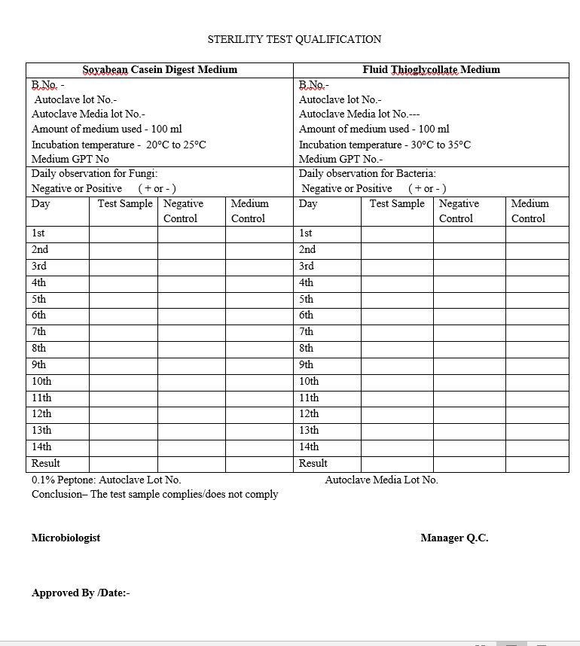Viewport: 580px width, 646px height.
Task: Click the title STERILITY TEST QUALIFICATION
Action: [x=295, y=39]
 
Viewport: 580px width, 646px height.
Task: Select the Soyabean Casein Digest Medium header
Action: [x=160, y=70]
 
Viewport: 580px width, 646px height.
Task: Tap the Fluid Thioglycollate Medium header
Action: [x=431, y=70]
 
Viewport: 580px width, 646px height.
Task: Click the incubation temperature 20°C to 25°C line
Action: [x=118, y=145]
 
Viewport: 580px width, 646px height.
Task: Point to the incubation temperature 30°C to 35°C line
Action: [x=384, y=145]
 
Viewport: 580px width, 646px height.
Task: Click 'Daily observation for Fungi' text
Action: [x=94, y=173]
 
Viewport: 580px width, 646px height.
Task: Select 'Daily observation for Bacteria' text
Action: [x=367, y=173]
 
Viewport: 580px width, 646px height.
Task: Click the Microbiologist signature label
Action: [x=66, y=538]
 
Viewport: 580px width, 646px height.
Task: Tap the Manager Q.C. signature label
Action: [x=454, y=538]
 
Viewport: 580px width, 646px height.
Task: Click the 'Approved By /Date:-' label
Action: [x=81, y=593]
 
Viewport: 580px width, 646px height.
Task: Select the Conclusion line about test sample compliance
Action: [x=154, y=494]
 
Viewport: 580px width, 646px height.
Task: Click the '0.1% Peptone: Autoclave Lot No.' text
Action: [x=106, y=480]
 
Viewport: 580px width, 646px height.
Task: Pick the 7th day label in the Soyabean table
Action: [x=39, y=331]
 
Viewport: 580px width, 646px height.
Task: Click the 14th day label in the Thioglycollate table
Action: [x=309, y=446]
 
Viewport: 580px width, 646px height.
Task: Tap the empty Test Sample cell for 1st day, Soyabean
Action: [x=123, y=234]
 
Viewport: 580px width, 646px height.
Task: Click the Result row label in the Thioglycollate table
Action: [x=313, y=463]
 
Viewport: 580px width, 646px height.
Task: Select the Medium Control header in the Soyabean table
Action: [x=249, y=211]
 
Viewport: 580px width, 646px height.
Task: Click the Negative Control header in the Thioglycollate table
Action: [x=459, y=211]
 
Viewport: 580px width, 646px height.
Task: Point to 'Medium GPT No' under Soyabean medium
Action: [x=70, y=159]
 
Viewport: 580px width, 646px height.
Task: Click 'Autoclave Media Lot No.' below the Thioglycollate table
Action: [x=381, y=480]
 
